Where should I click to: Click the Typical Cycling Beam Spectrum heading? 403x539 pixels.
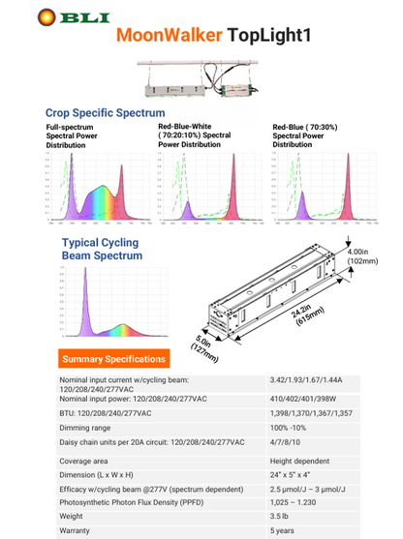pos(102,250)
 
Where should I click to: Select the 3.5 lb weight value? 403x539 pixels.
pos(281,517)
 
